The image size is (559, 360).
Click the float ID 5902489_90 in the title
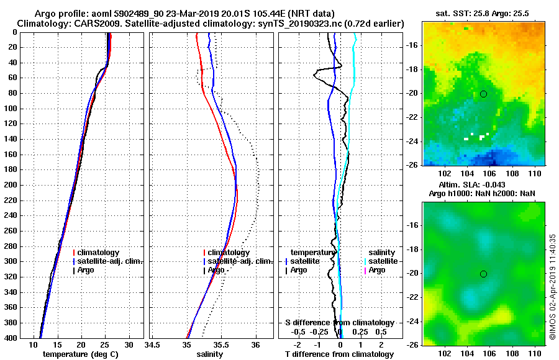pyautogui.click(x=150, y=14)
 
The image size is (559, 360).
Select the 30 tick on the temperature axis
pyautogui.click(x=129, y=344)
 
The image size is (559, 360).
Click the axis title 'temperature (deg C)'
pyautogui.click(x=80, y=354)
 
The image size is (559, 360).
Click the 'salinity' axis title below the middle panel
pyautogui.click(x=209, y=354)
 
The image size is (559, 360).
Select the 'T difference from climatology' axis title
pyautogui.click(x=339, y=354)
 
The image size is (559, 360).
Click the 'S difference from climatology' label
pyautogui.click(x=339, y=323)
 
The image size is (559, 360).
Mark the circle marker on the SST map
pyautogui.click(x=483, y=94)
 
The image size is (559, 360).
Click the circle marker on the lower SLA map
pyautogui.click(x=483, y=274)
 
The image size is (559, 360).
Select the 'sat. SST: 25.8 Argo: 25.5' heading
pyautogui.click(x=484, y=14)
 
